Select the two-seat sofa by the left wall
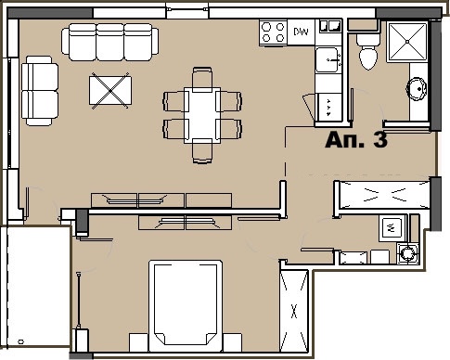click(x=39, y=90)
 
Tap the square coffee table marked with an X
click(x=109, y=91)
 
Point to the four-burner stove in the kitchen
click(x=272, y=33)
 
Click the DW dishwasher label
click(x=301, y=32)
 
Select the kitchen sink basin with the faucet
click(x=327, y=61)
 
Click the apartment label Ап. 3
click(x=355, y=142)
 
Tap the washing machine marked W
click(x=392, y=225)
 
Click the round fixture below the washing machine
click(x=405, y=252)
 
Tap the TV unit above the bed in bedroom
click(x=185, y=222)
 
